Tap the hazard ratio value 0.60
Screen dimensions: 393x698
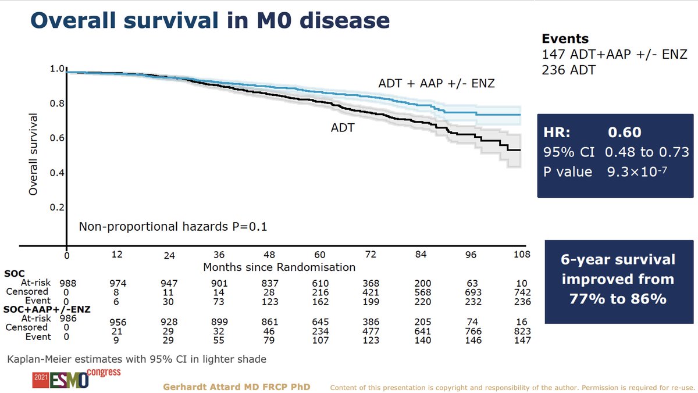(x=624, y=133)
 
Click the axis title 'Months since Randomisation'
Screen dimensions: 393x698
(x=279, y=267)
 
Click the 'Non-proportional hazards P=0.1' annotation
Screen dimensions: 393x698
(x=173, y=227)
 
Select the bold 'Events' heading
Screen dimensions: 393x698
(x=565, y=39)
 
